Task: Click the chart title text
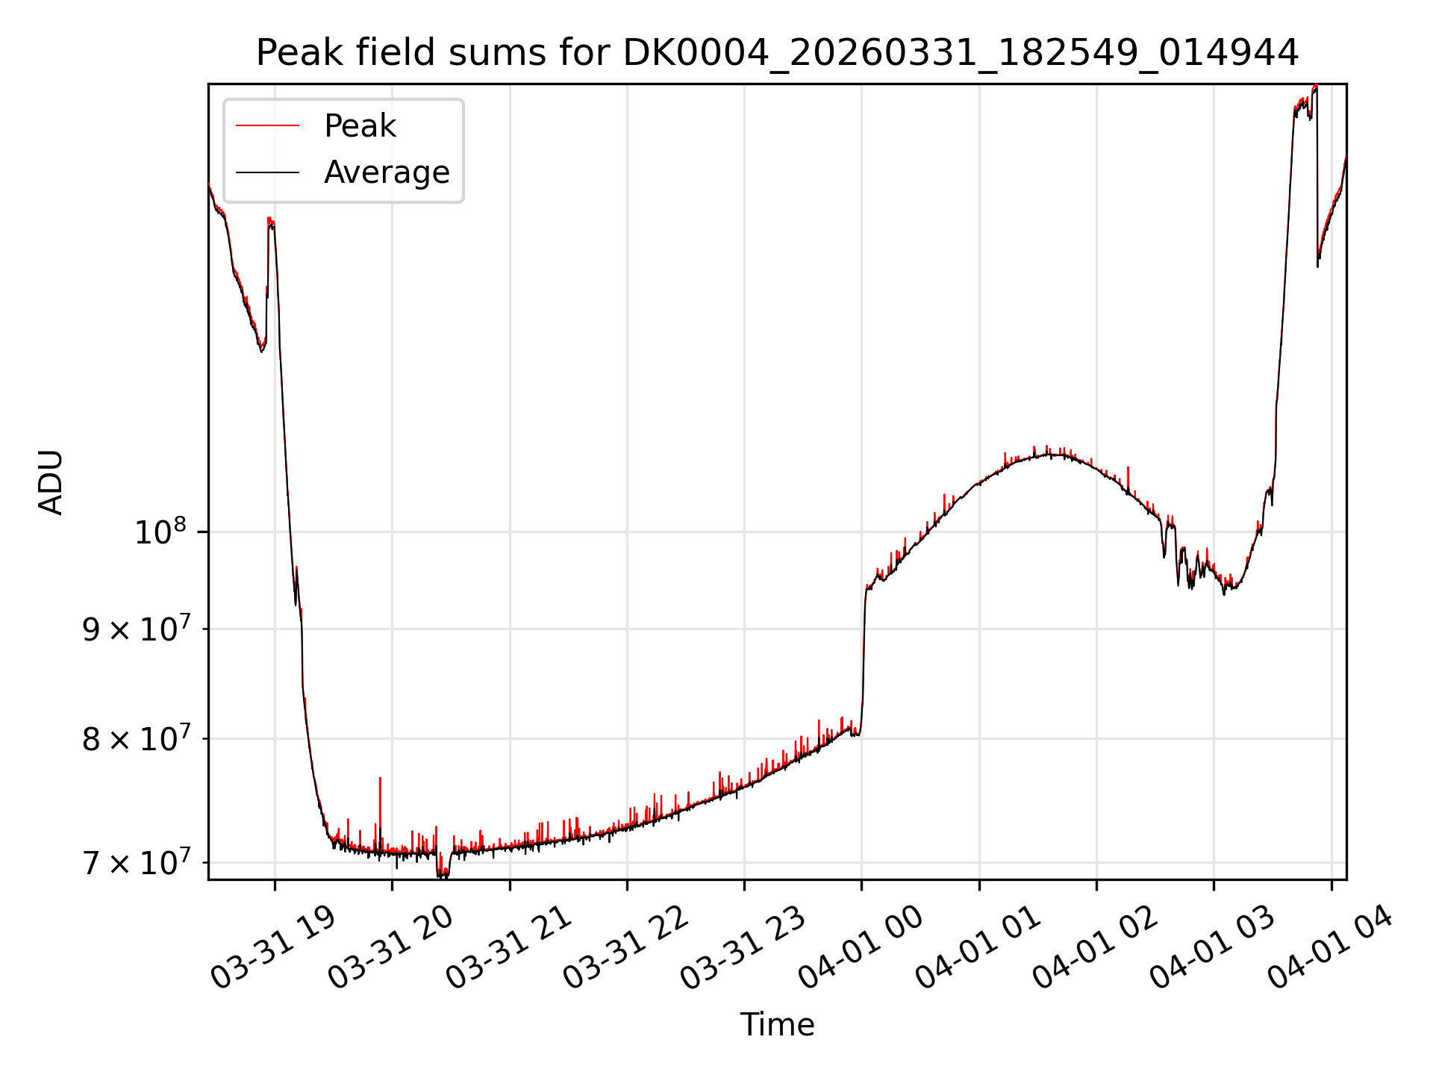777,53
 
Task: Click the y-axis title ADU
51,482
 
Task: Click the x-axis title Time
777,1024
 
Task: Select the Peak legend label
360,126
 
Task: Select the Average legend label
387,172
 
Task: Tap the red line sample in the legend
267,126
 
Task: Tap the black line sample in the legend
267,172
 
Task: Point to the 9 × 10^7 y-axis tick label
134,629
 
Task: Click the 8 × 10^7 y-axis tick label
134,738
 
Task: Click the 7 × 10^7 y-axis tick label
134,862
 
